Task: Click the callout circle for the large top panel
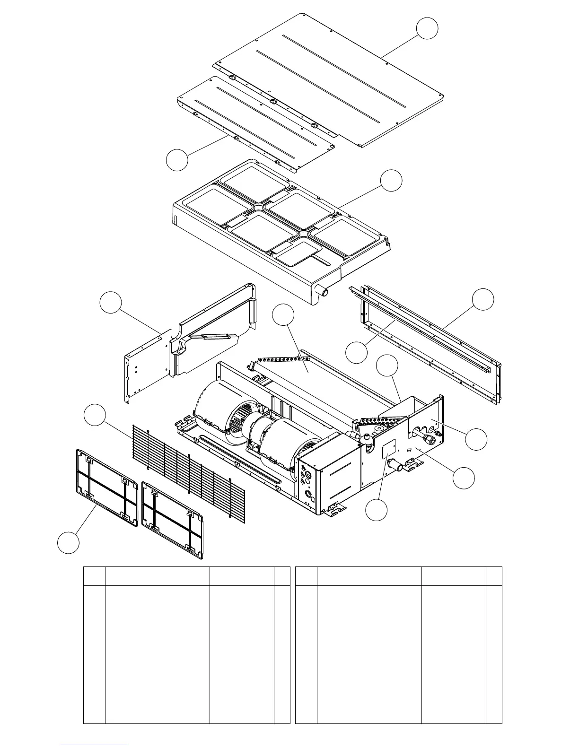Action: (x=427, y=28)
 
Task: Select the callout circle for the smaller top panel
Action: (x=177, y=159)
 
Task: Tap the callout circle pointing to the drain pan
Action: (x=392, y=181)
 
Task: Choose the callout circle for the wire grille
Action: (x=95, y=415)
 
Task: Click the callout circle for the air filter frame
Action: (x=68, y=542)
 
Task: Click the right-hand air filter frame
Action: (x=172, y=518)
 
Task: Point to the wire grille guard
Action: (x=189, y=473)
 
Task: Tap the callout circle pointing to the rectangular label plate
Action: (x=377, y=510)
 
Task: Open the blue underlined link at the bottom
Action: (x=94, y=744)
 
